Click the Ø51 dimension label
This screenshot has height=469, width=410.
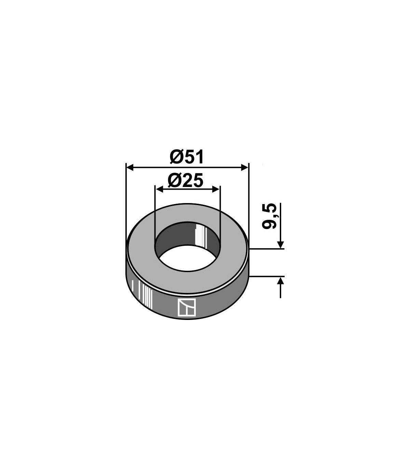(187, 157)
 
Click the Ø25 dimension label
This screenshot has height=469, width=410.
(185, 180)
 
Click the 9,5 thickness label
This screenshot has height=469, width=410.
(269, 216)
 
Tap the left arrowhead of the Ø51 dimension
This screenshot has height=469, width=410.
(130, 167)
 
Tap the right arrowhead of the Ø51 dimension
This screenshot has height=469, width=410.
(245, 167)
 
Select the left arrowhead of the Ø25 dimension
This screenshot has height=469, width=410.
(159, 189)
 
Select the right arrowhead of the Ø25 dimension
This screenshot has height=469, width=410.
(216, 189)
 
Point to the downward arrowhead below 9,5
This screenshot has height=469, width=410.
(281, 245)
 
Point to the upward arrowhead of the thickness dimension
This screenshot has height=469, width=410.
(281, 280)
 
